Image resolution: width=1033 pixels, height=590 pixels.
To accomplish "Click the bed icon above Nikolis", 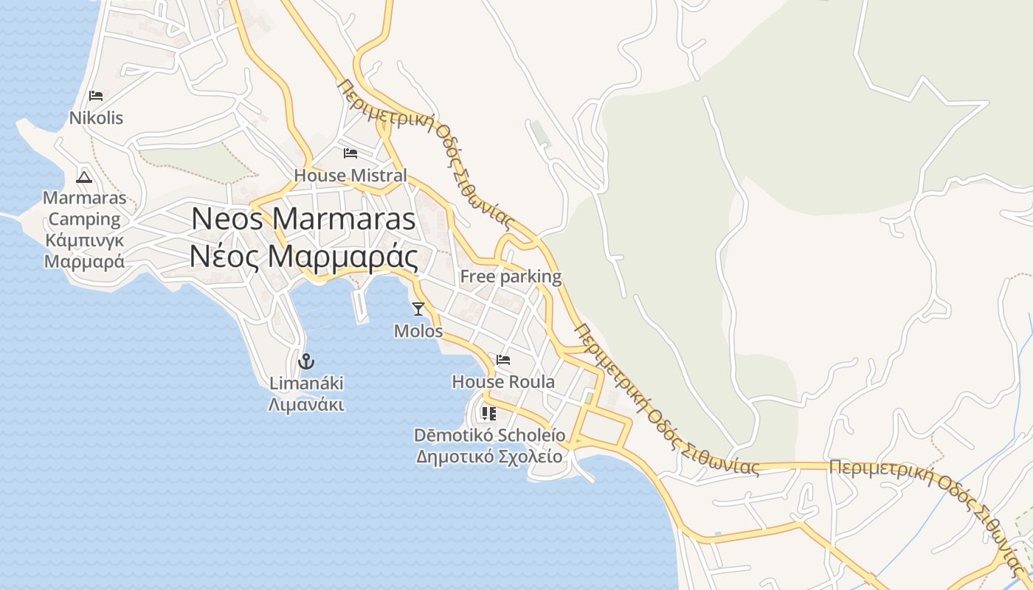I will (x=95, y=96).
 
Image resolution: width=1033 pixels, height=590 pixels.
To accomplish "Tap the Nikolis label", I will (x=96, y=118).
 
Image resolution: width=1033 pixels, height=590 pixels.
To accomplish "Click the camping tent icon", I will (x=84, y=177).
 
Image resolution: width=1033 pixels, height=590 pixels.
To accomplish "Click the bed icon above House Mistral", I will (x=350, y=153).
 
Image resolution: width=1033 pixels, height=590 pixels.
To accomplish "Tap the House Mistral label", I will (x=350, y=176).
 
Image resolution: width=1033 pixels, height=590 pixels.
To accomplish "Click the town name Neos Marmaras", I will (x=303, y=219).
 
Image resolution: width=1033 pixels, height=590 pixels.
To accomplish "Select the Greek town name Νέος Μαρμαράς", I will (x=303, y=257).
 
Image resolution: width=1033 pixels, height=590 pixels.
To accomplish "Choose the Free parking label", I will (x=511, y=277).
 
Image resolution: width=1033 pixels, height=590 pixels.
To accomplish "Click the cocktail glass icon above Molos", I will (x=418, y=309).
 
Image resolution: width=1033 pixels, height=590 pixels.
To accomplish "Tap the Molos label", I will (x=418, y=331).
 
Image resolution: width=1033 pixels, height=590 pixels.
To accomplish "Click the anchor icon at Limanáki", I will (x=305, y=361).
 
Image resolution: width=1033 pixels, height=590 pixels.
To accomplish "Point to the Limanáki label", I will (x=306, y=383).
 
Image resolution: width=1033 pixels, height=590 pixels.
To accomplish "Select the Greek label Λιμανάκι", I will (x=306, y=405).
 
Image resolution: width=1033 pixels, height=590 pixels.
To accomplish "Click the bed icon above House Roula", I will (x=503, y=360).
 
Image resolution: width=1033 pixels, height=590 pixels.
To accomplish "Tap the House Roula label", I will (x=503, y=382).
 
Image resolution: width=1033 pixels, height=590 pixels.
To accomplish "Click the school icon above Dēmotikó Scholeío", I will (x=489, y=414).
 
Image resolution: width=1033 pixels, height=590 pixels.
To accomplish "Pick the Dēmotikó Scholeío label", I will (x=489, y=435).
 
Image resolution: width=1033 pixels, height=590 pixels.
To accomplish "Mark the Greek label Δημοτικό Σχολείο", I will (x=489, y=457).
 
